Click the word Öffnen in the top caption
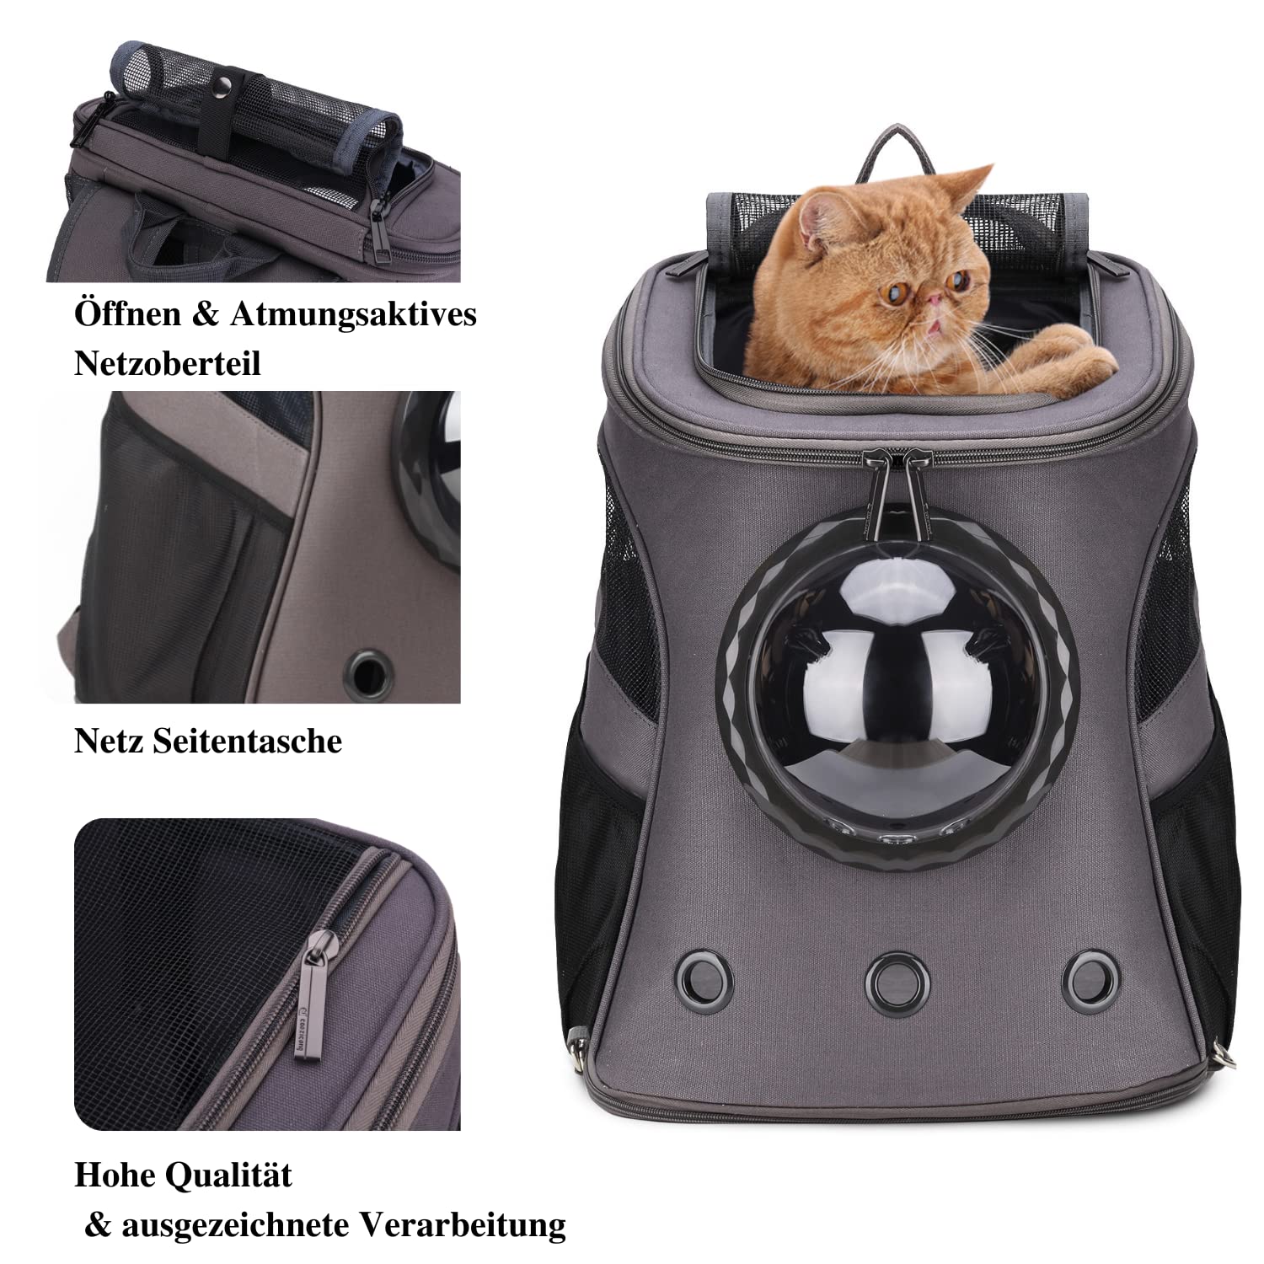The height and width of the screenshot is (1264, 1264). (x=127, y=313)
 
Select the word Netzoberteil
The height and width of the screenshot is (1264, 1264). (x=168, y=363)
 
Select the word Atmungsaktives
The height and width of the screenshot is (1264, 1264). (x=353, y=313)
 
